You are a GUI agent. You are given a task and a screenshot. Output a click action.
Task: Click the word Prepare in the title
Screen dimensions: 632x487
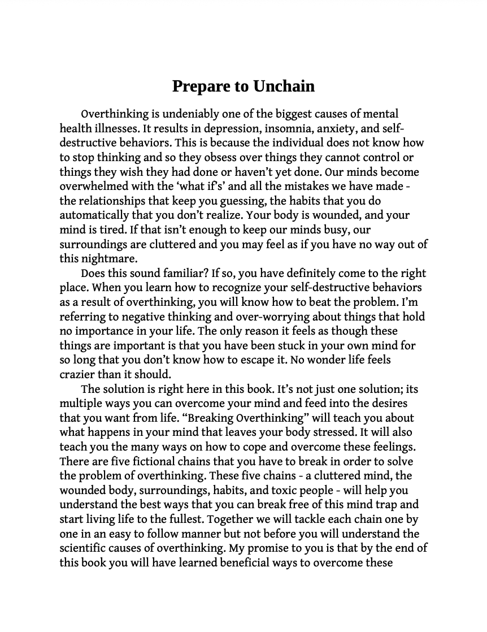tap(198, 86)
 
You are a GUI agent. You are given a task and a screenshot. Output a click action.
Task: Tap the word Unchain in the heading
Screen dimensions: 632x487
tap(284, 86)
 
